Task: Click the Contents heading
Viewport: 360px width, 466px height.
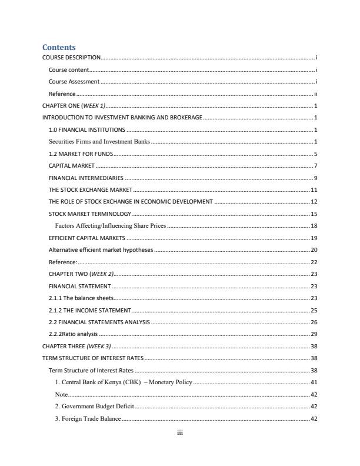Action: [59, 47]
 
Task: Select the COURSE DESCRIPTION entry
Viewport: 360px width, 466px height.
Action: [71, 58]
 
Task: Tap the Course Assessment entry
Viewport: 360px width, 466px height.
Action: [74, 82]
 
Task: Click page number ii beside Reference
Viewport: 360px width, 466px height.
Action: [316, 94]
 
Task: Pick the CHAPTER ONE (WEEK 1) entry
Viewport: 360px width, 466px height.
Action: [74, 106]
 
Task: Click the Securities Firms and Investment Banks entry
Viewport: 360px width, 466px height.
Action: [99, 142]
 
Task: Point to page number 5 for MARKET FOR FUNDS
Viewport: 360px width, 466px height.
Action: [316, 154]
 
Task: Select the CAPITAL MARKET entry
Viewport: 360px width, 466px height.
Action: [71, 166]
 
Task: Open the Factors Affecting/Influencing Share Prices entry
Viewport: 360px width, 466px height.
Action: [111, 226]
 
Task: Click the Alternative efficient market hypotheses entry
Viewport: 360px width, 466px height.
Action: [101, 249]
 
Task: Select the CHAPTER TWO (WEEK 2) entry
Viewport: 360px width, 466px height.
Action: [81, 274]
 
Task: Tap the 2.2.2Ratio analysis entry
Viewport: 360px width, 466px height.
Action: [74, 334]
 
